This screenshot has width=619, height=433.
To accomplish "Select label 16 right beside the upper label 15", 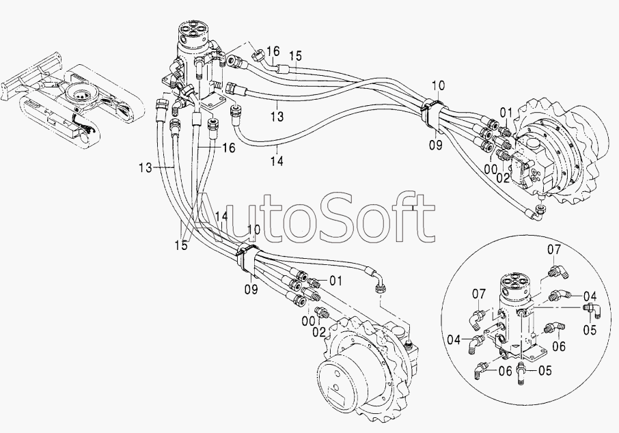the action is (x=273, y=51).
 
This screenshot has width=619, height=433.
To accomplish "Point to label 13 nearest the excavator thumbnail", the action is (x=146, y=168).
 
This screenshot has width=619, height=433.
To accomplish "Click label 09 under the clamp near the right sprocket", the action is (x=436, y=145).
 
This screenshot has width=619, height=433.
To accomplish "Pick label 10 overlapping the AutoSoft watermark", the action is (x=254, y=230).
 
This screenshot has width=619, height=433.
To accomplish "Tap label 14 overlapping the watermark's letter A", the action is (x=221, y=216).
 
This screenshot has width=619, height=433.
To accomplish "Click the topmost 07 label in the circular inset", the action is (x=553, y=250).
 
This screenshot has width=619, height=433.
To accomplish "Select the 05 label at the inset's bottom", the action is (x=545, y=371).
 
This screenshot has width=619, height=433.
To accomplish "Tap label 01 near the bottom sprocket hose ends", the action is (x=335, y=281).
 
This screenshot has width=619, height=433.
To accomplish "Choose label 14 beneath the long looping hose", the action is (x=277, y=160).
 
